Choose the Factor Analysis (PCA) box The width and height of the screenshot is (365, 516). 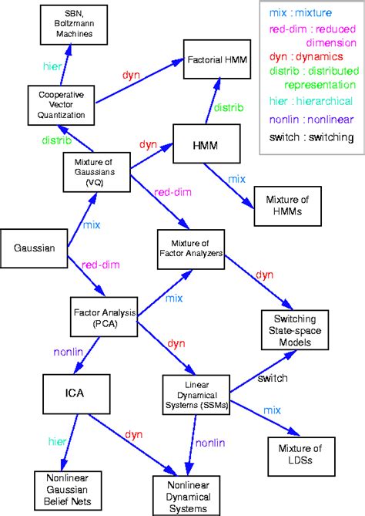point(103,317)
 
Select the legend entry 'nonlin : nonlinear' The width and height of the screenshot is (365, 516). point(311,119)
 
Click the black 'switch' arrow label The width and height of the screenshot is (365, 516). point(273,379)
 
